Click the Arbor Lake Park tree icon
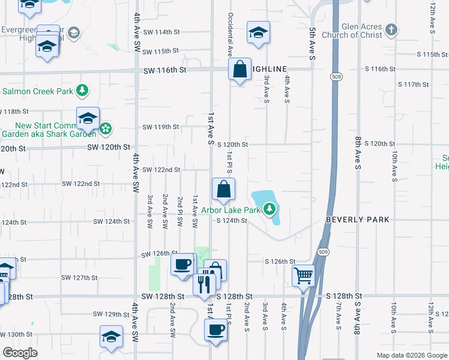(270, 210)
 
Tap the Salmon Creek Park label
(37, 92)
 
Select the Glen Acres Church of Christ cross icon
(391, 29)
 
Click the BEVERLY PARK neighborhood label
(358, 220)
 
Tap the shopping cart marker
(304, 276)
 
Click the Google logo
(20, 352)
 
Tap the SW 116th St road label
(166, 70)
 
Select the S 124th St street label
(232, 221)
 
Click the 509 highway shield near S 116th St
(335, 77)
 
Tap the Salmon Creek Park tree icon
(82, 92)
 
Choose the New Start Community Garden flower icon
(106, 128)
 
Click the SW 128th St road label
(163, 296)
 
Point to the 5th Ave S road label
(312, 43)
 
